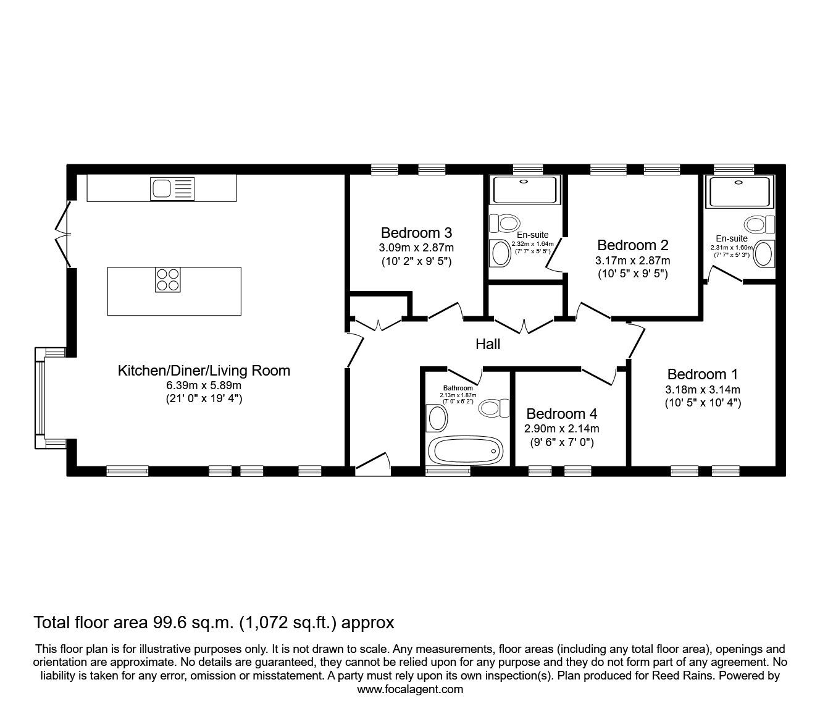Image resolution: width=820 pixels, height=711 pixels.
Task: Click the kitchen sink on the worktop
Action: pyautogui.click(x=172, y=188)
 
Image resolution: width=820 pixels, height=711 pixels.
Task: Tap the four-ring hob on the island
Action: pyautogui.click(x=167, y=279)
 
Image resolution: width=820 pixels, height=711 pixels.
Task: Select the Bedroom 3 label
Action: pyautogui.click(x=417, y=233)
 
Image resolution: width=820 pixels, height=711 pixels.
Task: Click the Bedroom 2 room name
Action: pyautogui.click(x=633, y=245)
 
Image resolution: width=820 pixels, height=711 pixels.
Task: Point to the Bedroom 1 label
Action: pyautogui.click(x=703, y=374)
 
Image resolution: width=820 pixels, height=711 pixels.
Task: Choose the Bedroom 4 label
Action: pyautogui.click(x=562, y=414)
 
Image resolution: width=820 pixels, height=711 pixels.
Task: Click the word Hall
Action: pyautogui.click(x=488, y=344)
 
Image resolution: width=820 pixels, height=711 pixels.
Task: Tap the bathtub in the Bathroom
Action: pyautogui.click(x=469, y=451)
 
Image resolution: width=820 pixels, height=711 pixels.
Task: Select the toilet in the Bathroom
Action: pyautogui.click(x=493, y=408)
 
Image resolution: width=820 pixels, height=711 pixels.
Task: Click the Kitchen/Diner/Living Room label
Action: pyautogui.click(x=204, y=371)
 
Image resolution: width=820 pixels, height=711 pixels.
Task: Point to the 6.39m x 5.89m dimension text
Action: pyautogui.click(x=204, y=385)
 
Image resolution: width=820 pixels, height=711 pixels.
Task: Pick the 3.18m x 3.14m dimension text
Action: pyautogui.click(x=703, y=389)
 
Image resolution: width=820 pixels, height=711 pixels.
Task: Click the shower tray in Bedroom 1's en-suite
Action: pyautogui.click(x=740, y=191)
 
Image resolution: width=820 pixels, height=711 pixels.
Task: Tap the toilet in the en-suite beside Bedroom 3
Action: pyautogui.click(x=504, y=223)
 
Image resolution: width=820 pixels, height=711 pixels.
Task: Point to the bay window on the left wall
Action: pyautogui.click(x=41, y=398)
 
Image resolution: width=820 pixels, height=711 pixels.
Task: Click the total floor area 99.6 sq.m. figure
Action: pyautogui.click(x=214, y=622)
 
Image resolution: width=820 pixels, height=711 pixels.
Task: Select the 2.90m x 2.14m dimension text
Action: pyautogui.click(x=562, y=429)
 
